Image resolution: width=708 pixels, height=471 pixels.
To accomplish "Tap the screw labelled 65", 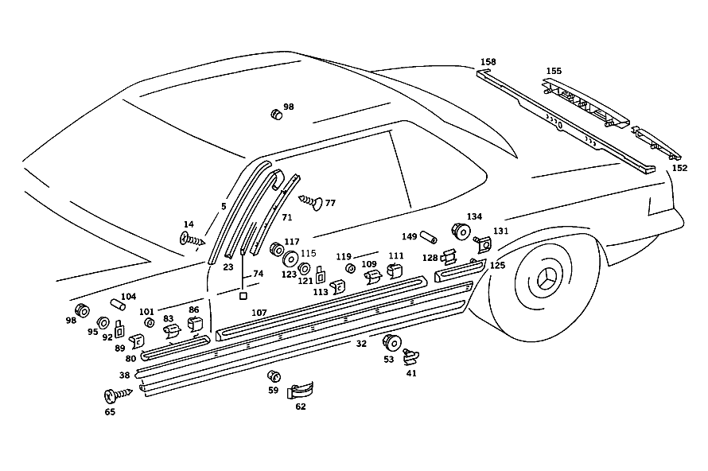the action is pos(119,395).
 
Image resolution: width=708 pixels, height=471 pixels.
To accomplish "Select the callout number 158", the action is pos(488,62).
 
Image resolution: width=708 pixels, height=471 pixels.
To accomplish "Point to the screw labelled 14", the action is pos(193,239).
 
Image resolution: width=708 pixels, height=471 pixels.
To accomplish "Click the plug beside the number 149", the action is pos(429,237).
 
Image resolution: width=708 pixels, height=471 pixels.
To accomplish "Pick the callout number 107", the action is pos(259,313).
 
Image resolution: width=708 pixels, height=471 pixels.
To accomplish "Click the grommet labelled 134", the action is pos(461,231).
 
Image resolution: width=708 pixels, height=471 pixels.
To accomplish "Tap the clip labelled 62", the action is pos(300,390).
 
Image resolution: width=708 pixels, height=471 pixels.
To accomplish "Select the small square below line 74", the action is pos(243,296).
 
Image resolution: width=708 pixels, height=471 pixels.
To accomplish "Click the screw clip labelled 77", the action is pos(312,202).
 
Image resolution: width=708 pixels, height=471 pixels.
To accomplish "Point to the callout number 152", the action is pos(679,168).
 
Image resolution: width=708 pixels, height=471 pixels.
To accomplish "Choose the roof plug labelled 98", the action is pos(276,115).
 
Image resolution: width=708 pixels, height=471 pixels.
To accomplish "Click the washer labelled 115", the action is pos(290,259).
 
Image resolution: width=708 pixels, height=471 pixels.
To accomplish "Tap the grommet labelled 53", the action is pos(392,343).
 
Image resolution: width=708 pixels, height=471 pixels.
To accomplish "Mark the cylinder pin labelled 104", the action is pos(118,305).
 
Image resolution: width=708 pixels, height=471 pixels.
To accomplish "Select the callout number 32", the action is pos(361,344).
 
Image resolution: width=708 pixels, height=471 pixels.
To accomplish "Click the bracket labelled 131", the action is pos(484,244).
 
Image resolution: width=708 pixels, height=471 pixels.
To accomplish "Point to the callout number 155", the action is pos(554,71).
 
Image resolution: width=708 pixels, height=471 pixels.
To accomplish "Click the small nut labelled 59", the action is pos(274,376).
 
